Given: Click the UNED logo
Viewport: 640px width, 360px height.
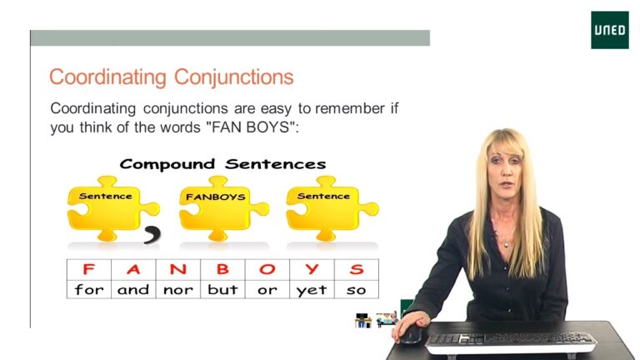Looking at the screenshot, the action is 610,30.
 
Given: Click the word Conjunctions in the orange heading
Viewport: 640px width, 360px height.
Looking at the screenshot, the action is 233,77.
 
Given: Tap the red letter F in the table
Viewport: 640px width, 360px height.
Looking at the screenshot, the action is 88,269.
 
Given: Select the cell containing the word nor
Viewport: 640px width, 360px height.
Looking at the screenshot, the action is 178,289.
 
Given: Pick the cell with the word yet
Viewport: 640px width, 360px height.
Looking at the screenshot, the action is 312,289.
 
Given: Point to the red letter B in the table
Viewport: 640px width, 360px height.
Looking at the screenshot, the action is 222,269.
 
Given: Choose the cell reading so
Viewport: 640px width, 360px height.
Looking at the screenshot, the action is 357,289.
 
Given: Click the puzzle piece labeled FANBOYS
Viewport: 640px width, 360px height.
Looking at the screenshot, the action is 223,208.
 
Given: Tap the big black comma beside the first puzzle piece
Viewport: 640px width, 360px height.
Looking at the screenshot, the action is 152,235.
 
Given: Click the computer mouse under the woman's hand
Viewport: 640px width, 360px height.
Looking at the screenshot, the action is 411,335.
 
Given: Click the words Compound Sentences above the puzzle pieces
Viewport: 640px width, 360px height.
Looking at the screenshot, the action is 222,164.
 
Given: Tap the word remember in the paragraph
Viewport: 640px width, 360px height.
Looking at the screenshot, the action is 350,108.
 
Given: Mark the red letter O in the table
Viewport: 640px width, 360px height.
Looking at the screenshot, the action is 267,269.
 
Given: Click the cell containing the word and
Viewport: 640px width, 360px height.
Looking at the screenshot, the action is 133,289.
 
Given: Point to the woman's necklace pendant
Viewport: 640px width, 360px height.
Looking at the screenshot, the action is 506,244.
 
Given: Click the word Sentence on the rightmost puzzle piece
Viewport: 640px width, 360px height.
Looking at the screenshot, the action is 323,196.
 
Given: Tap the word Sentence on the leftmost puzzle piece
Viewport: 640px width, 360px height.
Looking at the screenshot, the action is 105,196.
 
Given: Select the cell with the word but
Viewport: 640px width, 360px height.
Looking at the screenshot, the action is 222,289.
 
